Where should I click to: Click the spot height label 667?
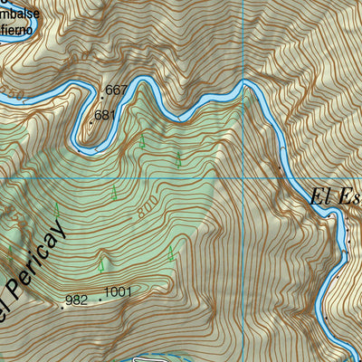click(117, 90)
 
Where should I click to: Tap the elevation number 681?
click(106, 115)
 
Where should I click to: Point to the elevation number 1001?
click(119, 293)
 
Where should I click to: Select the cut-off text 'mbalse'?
click(21, 14)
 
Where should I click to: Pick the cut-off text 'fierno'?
click(20, 30)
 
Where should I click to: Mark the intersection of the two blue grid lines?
click(244, 178)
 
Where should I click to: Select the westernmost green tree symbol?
click(10, 252)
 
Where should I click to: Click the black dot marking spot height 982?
click(62, 304)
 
